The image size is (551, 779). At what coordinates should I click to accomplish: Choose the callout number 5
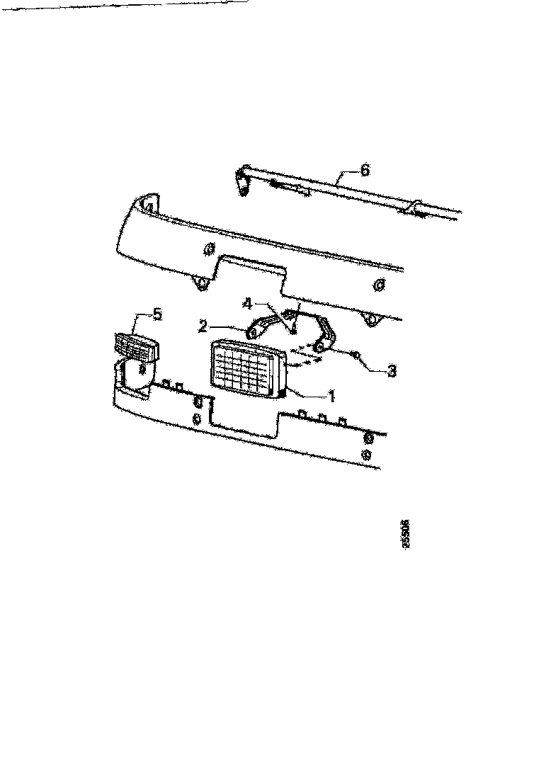[157, 314]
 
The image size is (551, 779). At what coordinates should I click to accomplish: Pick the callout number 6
[364, 170]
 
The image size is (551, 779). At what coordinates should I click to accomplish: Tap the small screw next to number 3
[356, 353]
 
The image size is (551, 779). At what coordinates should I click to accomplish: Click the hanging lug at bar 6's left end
[244, 190]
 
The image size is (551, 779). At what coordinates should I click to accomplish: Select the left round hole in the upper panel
[208, 249]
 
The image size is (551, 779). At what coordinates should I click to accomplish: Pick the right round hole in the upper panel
[379, 285]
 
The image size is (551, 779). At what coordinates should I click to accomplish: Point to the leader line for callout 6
[344, 177]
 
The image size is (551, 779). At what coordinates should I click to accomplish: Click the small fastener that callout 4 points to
[292, 330]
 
